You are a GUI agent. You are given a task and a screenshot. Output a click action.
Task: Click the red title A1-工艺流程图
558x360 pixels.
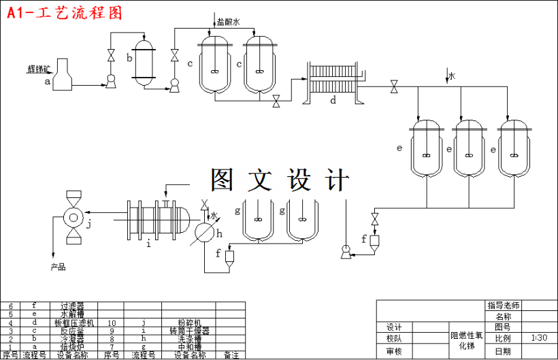pos(65,12)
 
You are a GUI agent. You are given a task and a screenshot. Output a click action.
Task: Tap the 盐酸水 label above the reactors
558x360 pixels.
pos(229,22)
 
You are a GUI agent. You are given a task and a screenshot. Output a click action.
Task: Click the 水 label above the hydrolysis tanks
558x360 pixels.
pos(451,76)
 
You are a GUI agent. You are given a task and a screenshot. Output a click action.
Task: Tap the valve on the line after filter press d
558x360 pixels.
pos(394,87)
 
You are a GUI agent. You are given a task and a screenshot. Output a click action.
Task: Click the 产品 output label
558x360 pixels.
pos(59,267)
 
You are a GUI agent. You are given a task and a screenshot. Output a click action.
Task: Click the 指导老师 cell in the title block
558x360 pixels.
pos(503,305)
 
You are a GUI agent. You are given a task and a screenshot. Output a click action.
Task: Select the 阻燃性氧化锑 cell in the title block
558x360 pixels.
pos(466,340)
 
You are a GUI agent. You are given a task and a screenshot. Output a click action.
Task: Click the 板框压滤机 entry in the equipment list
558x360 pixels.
pos(74,323)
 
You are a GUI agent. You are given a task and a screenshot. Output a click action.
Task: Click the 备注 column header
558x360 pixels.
pos(231,355)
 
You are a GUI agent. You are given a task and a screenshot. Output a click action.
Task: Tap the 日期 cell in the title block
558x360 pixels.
pos(503,351)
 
